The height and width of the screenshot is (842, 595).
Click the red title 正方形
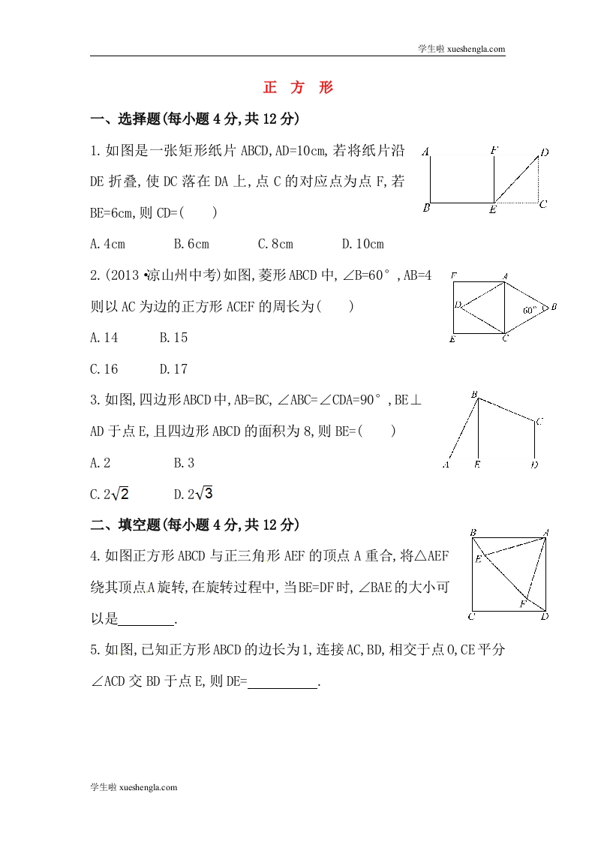pyautogui.click(x=298, y=88)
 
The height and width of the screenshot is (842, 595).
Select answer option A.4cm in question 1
pyautogui.click(x=107, y=244)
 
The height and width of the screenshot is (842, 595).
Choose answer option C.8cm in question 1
pyautogui.click(x=275, y=244)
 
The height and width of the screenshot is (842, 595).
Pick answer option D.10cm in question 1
pyautogui.click(x=362, y=244)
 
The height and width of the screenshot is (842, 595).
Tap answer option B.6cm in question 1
pyautogui.click(x=191, y=244)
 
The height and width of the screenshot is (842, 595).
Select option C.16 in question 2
pyautogui.click(x=104, y=368)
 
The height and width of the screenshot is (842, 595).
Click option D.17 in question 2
pyautogui.click(x=173, y=368)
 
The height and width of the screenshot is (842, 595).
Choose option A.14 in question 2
pyautogui.click(x=104, y=338)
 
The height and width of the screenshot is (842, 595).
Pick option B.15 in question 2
pyautogui.click(x=173, y=338)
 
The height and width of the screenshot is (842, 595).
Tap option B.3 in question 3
pyautogui.click(x=185, y=462)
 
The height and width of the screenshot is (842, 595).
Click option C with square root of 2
pyautogui.click(x=110, y=494)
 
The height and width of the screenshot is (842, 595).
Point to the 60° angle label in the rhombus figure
pyautogui.click(x=531, y=308)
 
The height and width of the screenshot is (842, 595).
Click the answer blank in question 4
pyautogui.click(x=146, y=619)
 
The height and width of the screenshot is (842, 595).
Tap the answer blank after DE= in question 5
pyautogui.click(x=283, y=682)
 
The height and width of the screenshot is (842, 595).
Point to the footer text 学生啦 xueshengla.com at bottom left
pyautogui.click(x=134, y=787)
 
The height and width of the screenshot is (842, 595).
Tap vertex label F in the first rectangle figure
pyautogui.click(x=494, y=151)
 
